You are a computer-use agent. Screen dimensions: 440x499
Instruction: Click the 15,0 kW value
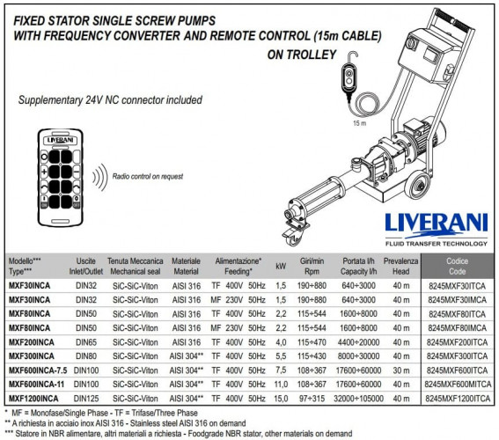pyautogui.click(x=281, y=398)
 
